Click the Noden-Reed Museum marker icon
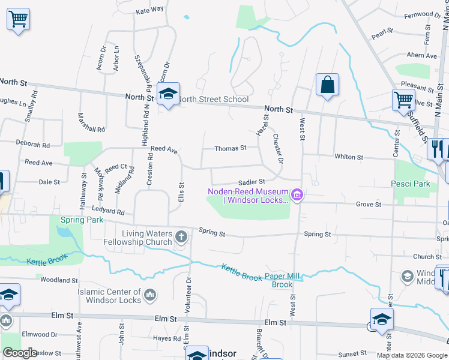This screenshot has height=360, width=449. [x=297, y=195]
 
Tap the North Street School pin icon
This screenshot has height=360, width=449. [x=169, y=94]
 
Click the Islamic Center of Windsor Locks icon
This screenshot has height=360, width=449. [x=150, y=295]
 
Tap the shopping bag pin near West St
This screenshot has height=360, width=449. [x=327, y=85]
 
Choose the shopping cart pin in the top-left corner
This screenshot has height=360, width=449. [x=18, y=19]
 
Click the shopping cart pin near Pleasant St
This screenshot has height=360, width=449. [x=403, y=100]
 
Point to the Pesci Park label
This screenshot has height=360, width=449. [x=411, y=184]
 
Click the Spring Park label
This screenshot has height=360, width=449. [x=82, y=220]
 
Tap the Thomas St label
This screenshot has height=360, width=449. [x=231, y=148]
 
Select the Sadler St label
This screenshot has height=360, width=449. [x=252, y=181]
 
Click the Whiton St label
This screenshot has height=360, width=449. [x=349, y=157]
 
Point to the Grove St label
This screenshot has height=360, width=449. [x=369, y=205]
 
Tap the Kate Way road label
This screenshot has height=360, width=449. [x=150, y=10]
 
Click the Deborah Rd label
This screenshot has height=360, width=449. [x=33, y=145]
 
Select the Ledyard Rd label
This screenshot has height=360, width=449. [x=108, y=211]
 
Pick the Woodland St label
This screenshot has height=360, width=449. [x=56, y=280]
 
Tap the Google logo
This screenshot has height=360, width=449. [x=20, y=353]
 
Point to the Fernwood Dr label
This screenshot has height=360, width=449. [x=423, y=14]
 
